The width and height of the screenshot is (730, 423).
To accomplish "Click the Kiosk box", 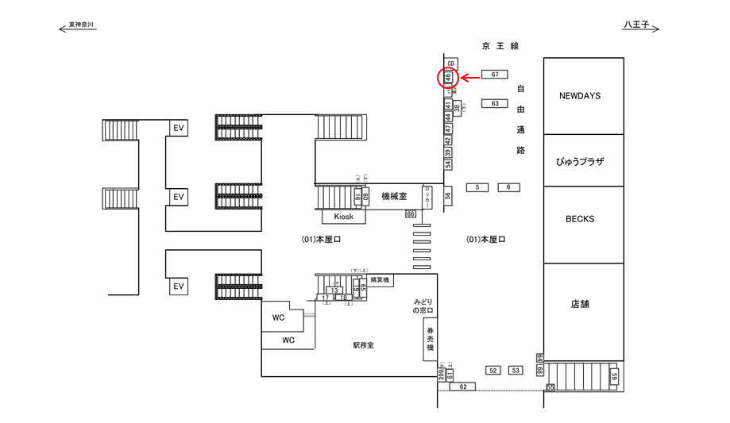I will [343, 216].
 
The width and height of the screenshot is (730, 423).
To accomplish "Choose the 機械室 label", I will [394, 196].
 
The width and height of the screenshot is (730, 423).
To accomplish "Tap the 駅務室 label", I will [363, 345].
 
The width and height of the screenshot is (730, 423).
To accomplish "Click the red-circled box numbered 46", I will [448, 78].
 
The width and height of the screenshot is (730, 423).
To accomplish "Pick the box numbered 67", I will [495, 75].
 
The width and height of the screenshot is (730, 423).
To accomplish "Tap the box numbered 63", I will [495, 103].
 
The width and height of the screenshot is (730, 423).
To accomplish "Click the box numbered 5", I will [477, 187].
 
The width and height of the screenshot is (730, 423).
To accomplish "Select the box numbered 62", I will [463, 386].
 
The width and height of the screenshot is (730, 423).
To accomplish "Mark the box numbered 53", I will [516, 371].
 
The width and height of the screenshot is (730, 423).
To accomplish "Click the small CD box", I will [450, 63].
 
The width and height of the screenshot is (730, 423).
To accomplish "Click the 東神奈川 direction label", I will [81, 25].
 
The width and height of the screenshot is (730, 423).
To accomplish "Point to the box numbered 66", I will [411, 214].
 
